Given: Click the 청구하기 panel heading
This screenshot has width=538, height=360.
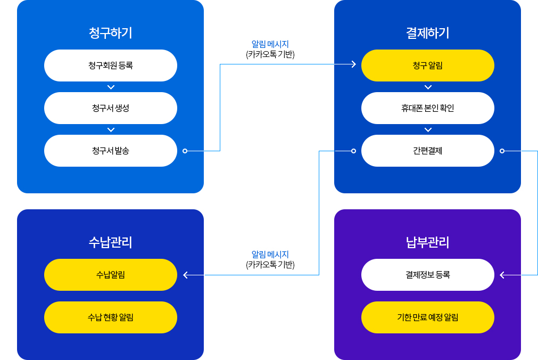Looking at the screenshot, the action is [x=111, y=33].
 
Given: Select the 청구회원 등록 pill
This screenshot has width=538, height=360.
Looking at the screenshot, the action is [x=111, y=66].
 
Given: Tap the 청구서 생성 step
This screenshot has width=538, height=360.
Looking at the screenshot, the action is [x=111, y=108].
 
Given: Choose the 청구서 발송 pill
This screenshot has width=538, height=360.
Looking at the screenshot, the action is [x=111, y=151].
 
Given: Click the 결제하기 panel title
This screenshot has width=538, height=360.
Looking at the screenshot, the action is [x=427, y=33].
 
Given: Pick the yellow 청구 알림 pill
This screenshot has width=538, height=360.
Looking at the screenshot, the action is [x=427, y=66].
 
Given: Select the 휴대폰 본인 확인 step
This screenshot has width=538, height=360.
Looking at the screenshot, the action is [x=427, y=108].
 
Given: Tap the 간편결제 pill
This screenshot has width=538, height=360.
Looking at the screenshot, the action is [x=427, y=151].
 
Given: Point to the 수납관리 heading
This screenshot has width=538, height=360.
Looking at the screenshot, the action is [x=111, y=242].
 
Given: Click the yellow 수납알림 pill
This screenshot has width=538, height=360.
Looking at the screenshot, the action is [x=111, y=275].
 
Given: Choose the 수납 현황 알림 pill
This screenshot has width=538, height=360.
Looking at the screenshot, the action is [x=111, y=317].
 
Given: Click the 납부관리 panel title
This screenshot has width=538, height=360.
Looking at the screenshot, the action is [x=427, y=242].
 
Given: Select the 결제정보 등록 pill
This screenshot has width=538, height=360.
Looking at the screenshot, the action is [x=427, y=275].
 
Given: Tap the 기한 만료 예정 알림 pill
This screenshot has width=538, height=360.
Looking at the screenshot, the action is [x=427, y=317].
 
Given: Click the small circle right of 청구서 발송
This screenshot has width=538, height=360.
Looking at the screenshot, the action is [x=185, y=151].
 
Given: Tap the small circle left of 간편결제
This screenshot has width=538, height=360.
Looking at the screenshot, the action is [x=353, y=151].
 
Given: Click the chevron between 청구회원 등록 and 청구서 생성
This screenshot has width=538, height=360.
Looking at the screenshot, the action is [x=111, y=87].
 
